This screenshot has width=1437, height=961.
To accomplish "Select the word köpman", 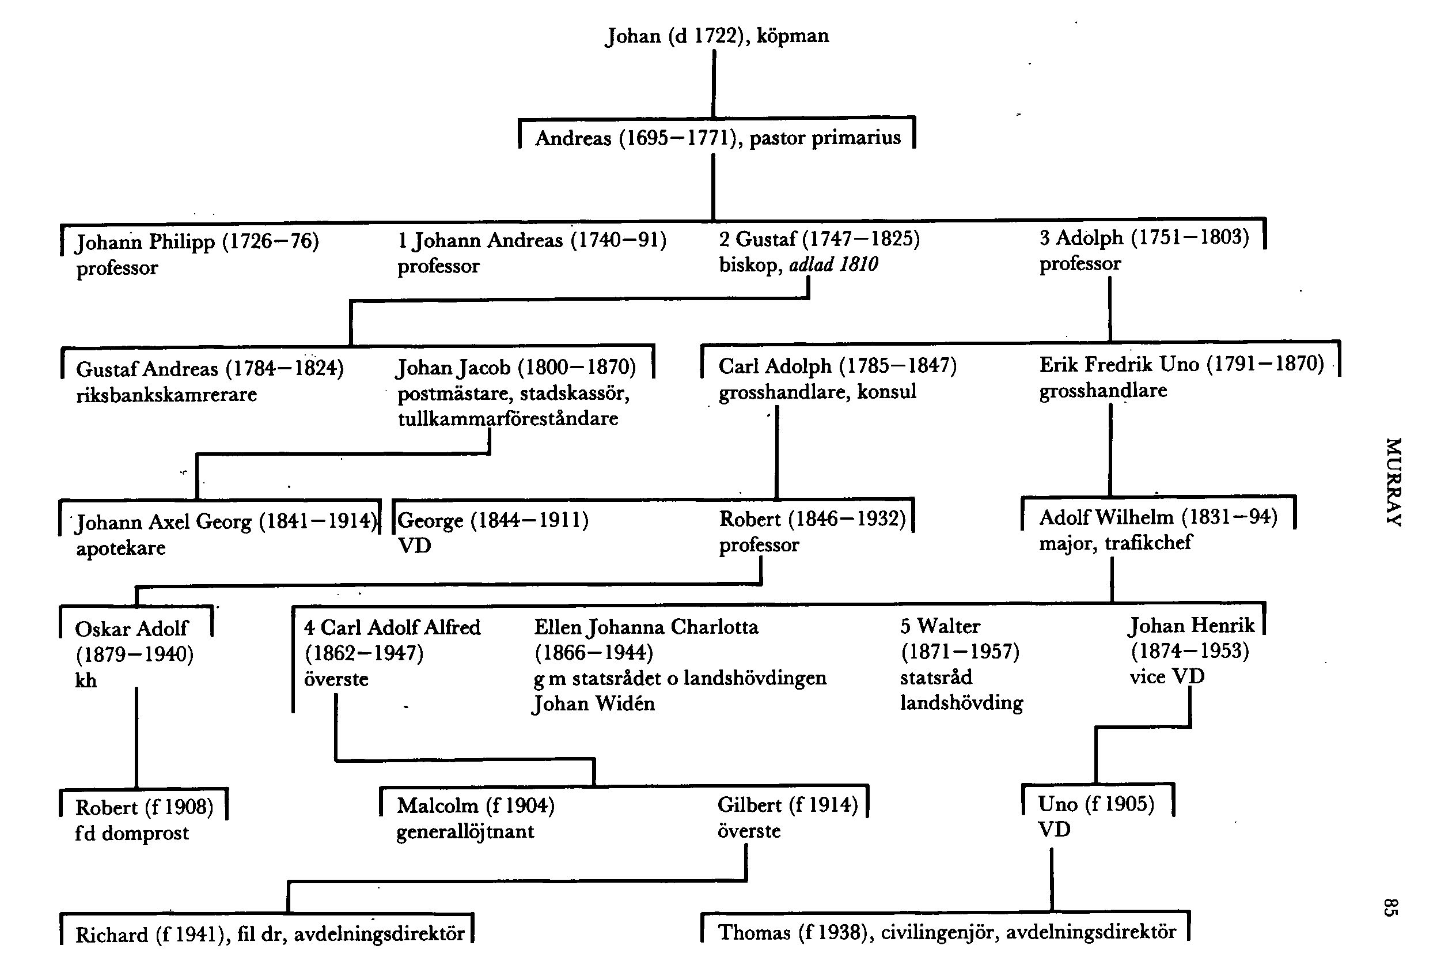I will (x=793, y=36).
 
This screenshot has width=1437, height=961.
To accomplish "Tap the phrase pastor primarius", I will (x=825, y=138).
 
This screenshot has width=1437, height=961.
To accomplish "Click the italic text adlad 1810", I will (x=833, y=265).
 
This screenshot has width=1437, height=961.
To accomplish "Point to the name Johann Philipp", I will (x=145, y=242).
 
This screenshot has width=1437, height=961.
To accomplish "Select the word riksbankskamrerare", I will (x=166, y=395).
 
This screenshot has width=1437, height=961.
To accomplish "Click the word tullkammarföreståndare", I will (x=508, y=419).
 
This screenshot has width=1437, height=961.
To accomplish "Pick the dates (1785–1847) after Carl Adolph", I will (x=897, y=366).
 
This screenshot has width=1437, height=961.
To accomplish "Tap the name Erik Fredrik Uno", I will (x=1118, y=365).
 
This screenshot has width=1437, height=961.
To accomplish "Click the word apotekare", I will (x=121, y=548).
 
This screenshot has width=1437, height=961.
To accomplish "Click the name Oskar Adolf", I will (x=131, y=629).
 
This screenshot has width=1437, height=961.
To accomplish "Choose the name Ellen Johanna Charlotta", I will (x=646, y=627).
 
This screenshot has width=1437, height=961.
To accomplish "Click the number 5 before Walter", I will (x=905, y=626).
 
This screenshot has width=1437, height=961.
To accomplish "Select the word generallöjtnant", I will (x=465, y=832).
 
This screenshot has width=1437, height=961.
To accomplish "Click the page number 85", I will (x=1390, y=907).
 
